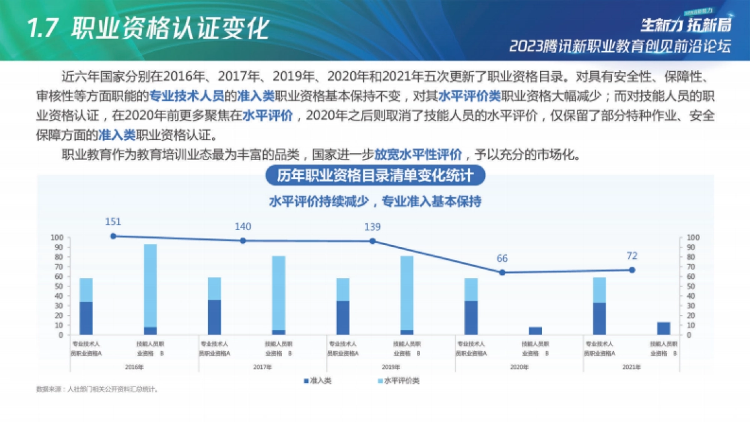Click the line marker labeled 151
click(113, 236)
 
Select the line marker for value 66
click(502, 273)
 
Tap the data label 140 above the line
click(243, 226)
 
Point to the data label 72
click(631, 256)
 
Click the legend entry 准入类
click(317, 381)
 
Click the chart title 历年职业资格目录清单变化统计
click(375, 176)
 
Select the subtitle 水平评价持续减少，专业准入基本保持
click(375, 202)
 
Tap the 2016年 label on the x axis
click(134, 367)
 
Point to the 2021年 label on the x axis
click(631, 367)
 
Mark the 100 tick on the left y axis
click(57, 238)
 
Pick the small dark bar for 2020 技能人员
click(536, 331)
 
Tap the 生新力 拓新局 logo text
click(685, 25)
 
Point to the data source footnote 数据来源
click(97, 389)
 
